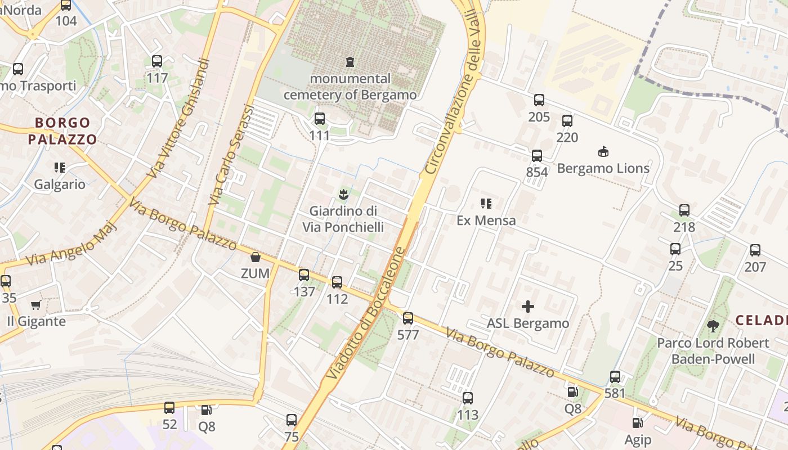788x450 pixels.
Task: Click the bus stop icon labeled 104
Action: (66, 6)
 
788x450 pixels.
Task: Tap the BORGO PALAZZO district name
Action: (62, 130)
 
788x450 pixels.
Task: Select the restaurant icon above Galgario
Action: (60, 168)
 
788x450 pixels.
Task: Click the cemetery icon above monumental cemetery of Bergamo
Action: (350, 61)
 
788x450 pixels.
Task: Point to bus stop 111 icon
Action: (320, 119)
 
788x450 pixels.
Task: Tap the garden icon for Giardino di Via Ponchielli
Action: (343, 195)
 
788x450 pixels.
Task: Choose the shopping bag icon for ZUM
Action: (255, 257)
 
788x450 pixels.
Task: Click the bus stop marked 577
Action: (408, 318)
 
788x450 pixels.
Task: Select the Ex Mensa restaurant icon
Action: (486, 204)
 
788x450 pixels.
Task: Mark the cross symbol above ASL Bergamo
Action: (528, 307)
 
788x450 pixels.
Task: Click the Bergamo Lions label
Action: (603, 168)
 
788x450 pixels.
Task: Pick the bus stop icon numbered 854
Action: (537, 156)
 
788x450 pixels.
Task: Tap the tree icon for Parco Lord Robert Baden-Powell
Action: (713, 326)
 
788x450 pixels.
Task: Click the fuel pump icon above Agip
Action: (637, 423)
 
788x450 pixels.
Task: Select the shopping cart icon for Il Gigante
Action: (36, 305)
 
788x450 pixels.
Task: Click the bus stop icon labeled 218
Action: (684, 210)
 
